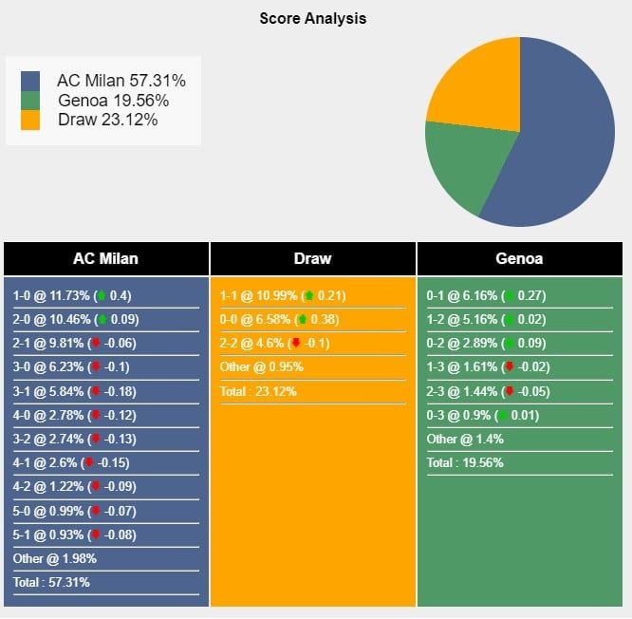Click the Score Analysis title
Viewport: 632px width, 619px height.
click(x=312, y=18)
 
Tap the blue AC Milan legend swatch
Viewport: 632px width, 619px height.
click(x=30, y=82)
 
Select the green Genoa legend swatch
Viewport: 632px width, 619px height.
click(x=30, y=101)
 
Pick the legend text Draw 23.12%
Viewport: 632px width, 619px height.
click(x=107, y=121)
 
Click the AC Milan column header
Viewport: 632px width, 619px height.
click(x=105, y=258)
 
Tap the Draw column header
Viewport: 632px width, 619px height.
click(x=312, y=258)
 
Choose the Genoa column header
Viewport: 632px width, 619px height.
click(x=519, y=258)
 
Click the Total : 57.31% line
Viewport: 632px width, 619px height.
click(x=51, y=582)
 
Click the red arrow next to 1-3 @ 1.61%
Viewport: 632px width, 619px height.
click(x=510, y=367)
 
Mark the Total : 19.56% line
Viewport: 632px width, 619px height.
click(x=465, y=462)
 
